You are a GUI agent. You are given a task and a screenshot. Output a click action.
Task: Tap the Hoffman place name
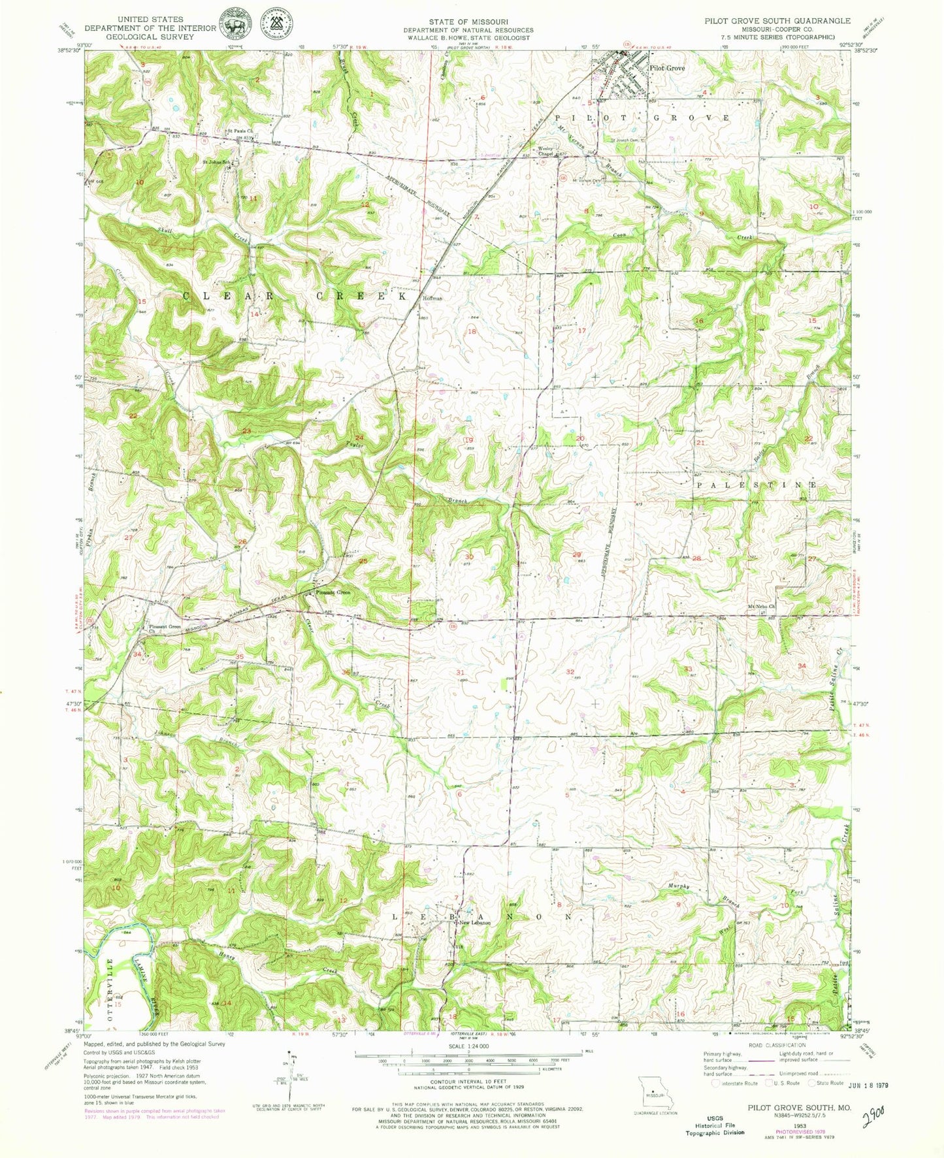(432, 298)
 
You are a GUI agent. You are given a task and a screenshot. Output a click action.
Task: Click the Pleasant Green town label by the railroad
(333, 592)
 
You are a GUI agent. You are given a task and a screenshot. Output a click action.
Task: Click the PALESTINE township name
(756, 485)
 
